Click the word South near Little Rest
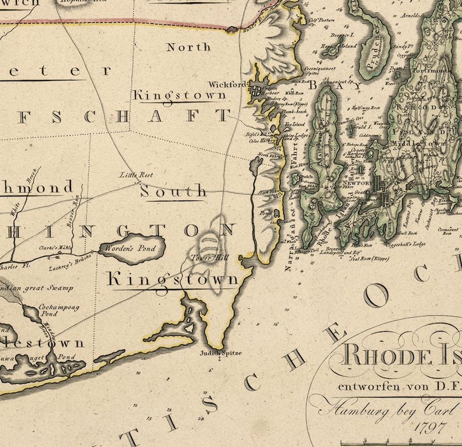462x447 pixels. coord(173,191)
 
